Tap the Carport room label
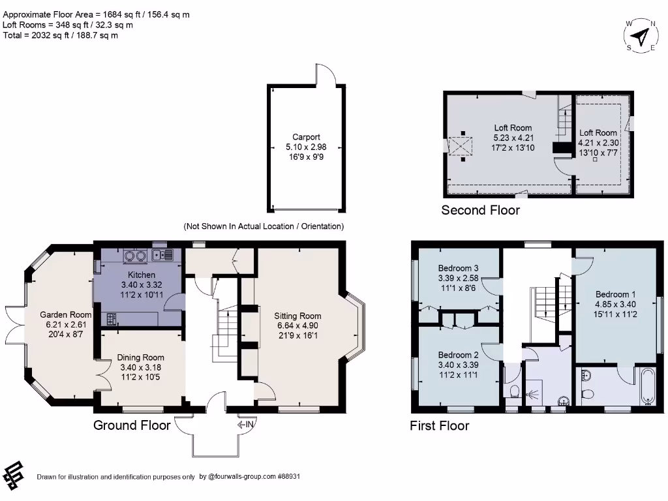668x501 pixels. coord(306,137)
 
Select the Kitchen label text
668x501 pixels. coord(142,275)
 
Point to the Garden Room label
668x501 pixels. coord(65,314)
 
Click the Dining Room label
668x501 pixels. coord(141,357)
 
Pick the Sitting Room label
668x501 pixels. coord(297,316)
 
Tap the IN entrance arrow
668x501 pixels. coord(246,425)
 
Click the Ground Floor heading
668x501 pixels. coord(132,425)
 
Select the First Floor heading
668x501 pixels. coord(439,426)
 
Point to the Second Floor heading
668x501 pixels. coord(481,210)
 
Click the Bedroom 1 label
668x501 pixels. coord(613,294)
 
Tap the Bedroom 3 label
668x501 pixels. coord(458,268)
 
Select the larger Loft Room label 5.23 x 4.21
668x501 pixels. coord(512,128)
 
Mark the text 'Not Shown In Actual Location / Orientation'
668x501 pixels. coord(264,226)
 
